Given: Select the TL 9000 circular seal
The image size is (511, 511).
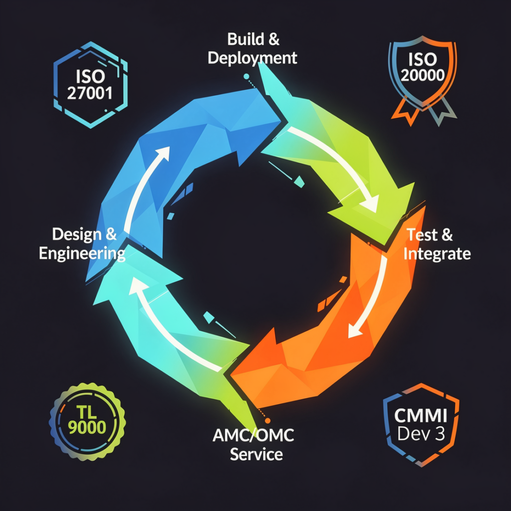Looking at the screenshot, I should click(x=87, y=421).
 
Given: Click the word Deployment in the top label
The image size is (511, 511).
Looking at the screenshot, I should click(x=253, y=58).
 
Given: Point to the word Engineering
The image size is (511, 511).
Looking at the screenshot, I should click(x=82, y=253).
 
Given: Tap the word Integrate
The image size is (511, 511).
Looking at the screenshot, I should click(x=437, y=254).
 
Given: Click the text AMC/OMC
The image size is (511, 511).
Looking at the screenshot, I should click(x=253, y=435).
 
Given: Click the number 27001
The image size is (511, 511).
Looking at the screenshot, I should click(x=90, y=94).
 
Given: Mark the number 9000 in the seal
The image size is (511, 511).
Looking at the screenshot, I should click(x=87, y=428).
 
